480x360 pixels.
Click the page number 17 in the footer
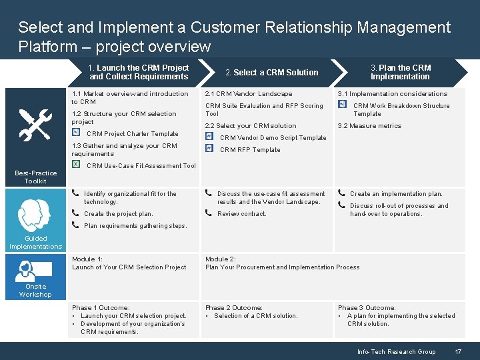coord(458,351)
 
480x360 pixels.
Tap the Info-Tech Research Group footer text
coord(396,351)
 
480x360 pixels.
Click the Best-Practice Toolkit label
coord(35,177)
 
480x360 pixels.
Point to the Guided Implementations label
coord(35,242)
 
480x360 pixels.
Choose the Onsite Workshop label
coord(35,291)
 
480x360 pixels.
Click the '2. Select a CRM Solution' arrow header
coord(271,72)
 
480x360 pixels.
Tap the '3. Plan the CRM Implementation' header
coord(401,72)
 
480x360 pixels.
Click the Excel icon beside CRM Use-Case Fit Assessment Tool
coord(76,165)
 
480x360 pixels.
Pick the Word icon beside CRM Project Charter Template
coord(76,133)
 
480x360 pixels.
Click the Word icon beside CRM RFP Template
coord(209,149)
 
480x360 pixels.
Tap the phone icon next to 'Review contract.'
coord(209,213)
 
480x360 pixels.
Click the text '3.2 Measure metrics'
coord(369,126)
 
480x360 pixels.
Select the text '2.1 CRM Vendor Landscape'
coord(249,94)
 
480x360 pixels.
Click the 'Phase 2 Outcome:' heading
coord(233,308)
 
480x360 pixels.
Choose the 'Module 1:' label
coord(87,259)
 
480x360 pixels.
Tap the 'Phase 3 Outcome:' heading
coord(367,308)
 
